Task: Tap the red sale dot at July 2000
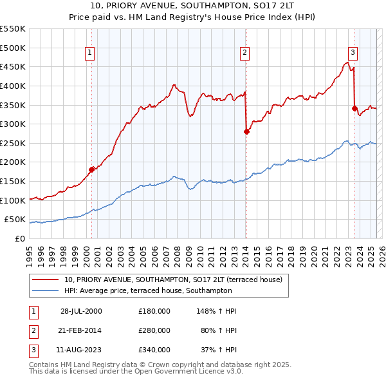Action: click(x=92, y=169)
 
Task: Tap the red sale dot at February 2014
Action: click(x=246, y=131)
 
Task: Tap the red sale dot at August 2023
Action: click(x=354, y=108)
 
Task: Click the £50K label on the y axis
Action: click(x=15, y=220)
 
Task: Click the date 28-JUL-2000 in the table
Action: click(x=81, y=311)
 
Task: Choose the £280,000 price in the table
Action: click(x=154, y=330)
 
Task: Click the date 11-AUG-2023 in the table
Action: click(x=81, y=350)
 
